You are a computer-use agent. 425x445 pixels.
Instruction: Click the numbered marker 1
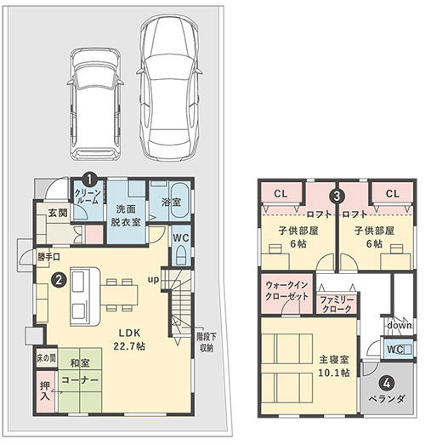point(89,179)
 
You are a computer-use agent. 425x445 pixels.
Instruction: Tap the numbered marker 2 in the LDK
point(59,280)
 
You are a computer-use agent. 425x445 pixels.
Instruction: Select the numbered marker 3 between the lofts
point(337,196)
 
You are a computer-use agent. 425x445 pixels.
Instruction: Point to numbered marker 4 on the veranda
point(387,384)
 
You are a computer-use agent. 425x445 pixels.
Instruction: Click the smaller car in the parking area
point(95,104)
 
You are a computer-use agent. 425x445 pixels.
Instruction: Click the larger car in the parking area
point(169,87)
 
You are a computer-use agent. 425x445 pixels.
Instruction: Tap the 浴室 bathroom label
point(171,202)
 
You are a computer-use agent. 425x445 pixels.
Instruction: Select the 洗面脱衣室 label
point(126,215)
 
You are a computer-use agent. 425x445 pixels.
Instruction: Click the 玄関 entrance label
point(58,213)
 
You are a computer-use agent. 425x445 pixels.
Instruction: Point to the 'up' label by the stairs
point(153,280)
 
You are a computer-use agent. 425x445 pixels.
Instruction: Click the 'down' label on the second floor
point(399,325)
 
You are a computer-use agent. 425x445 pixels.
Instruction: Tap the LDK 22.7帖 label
point(129,339)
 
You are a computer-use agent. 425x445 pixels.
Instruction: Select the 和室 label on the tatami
point(80,363)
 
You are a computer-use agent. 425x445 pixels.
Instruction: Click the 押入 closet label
point(45,391)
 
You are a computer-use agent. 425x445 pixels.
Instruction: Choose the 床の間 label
point(46,358)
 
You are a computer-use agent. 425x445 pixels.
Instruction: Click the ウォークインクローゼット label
point(286,291)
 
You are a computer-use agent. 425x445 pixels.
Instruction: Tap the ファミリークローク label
point(337,305)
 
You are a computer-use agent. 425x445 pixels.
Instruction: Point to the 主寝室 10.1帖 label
point(334,366)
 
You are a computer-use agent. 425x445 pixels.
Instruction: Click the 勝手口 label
point(49,257)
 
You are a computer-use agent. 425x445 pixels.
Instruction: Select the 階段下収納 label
point(207,343)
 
